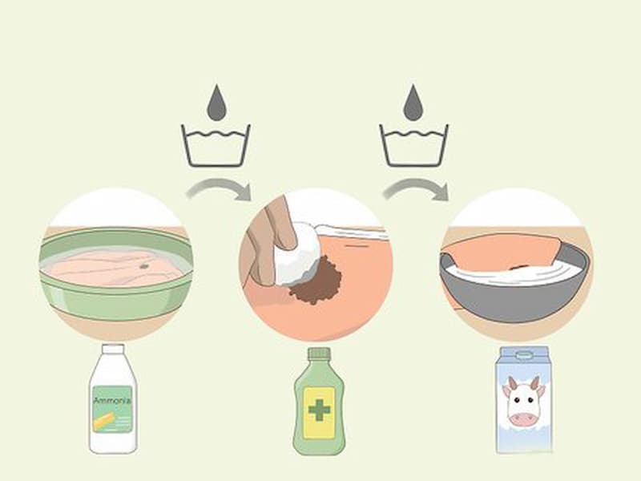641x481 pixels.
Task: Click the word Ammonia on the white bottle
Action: (x=112, y=400)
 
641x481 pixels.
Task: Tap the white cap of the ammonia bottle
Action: (x=113, y=349)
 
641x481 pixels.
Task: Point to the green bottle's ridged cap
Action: (x=319, y=354)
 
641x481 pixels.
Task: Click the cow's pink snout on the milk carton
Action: (x=524, y=418)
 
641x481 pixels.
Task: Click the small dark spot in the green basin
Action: (x=144, y=266)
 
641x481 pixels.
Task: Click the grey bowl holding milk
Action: (x=516, y=293)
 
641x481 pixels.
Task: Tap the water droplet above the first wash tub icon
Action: (x=216, y=103)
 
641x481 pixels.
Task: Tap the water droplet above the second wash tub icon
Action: (x=413, y=103)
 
